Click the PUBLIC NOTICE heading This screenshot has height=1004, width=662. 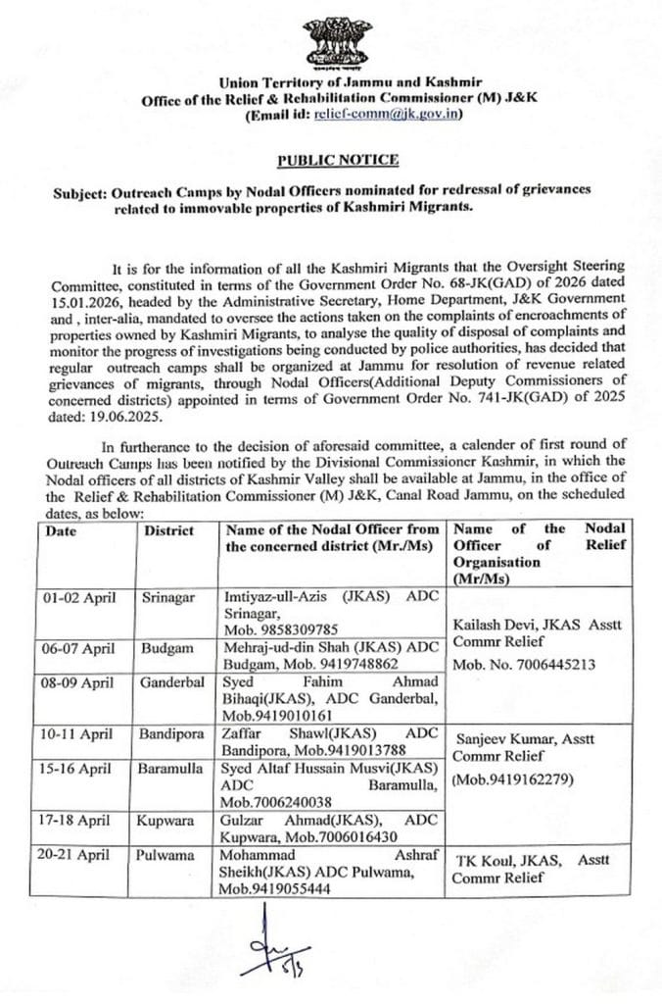(337, 159)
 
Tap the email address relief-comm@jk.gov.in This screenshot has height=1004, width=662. (387, 115)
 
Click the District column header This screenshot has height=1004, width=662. (168, 529)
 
